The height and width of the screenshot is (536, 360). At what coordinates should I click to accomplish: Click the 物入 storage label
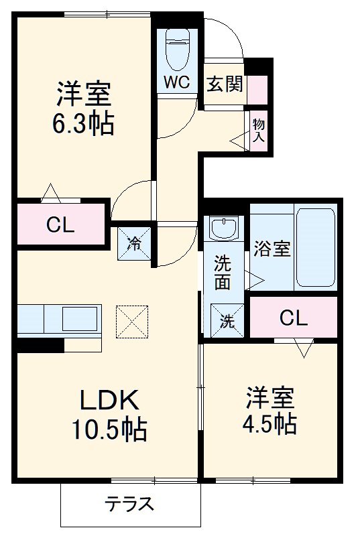(x=259, y=131)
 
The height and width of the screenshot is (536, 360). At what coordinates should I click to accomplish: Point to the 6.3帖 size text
(x=83, y=124)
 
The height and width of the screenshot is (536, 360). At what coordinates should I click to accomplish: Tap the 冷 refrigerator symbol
(x=135, y=243)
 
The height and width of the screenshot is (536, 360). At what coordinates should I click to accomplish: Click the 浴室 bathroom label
(x=272, y=249)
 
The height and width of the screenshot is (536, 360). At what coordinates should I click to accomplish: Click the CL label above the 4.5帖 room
(x=293, y=318)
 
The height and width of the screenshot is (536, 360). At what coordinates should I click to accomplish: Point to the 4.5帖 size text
(x=270, y=423)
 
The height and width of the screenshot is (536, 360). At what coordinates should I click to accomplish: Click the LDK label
(x=109, y=402)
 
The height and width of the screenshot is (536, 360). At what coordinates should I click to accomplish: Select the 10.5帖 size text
(x=109, y=431)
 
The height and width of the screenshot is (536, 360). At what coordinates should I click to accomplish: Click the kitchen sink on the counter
(x=80, y=319)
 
